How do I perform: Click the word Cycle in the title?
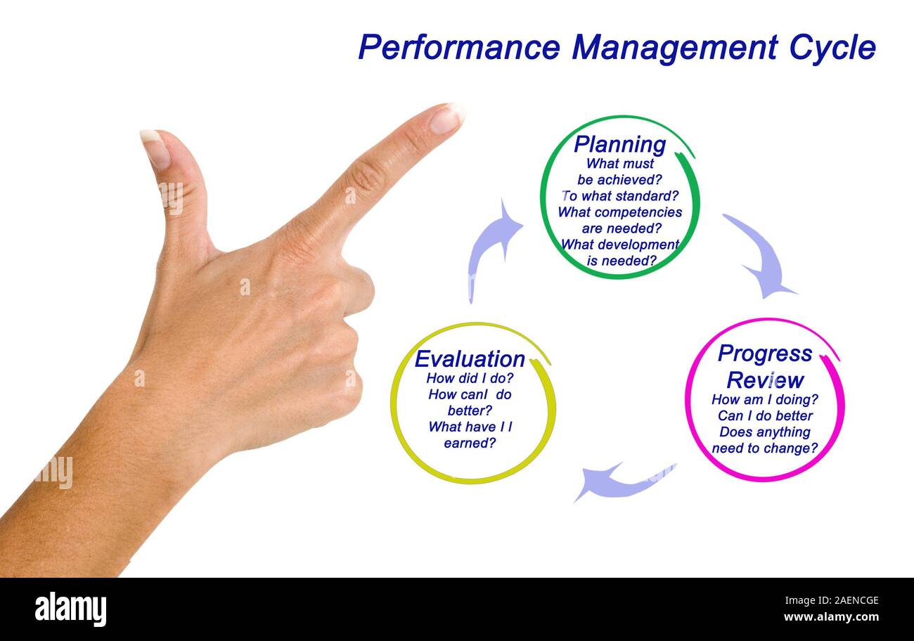click(832, 48)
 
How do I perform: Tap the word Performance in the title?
click(458, 48)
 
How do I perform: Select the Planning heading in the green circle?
click(619, 144)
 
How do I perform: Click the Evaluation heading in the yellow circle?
click(470, 359)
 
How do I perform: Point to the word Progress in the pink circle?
click(764, 354)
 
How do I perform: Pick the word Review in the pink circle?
click(765, 380)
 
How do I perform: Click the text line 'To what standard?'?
click(619, 195)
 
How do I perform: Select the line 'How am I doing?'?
click(765, 400)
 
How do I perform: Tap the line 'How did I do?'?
click(470, 378)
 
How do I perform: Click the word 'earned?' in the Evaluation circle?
click(470, 443)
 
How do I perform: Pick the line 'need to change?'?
click(765, 448)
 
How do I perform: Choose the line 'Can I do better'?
click(765, 416)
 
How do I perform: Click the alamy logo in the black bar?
click(70, 609)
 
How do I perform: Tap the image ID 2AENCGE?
click(841, 601)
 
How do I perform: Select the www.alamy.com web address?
click(831, 617)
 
